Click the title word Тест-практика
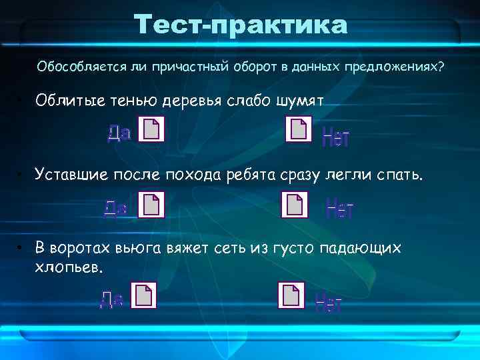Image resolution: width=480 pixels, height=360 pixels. click(x=241, y=26)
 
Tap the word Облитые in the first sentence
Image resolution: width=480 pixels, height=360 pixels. click(x=70, y=101)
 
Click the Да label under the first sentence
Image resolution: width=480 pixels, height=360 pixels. click(x=119, y=133)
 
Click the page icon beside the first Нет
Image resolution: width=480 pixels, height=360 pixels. click(x=298, y=129)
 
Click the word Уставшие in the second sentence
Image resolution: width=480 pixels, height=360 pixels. click(x=74, y=175)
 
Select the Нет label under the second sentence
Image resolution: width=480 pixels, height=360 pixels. click(x=340, y=210)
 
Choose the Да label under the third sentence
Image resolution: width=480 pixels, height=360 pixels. click(x=111, y=299)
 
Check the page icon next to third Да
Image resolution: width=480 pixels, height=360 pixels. click(x=143, y=295)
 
